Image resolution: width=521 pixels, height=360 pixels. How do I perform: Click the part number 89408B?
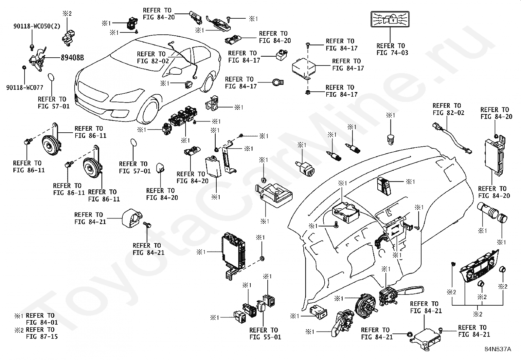click(72, 58)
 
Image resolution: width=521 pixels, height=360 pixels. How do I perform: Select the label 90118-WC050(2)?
click(37, 26)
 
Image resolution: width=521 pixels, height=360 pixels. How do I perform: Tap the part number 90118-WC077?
click(25, 87)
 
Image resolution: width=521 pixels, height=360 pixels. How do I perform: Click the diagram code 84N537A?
click(498, 349)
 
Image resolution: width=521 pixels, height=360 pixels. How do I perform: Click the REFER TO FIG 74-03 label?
click(392, 49)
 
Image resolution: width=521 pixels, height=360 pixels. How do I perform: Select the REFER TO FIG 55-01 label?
click(265, 333)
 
